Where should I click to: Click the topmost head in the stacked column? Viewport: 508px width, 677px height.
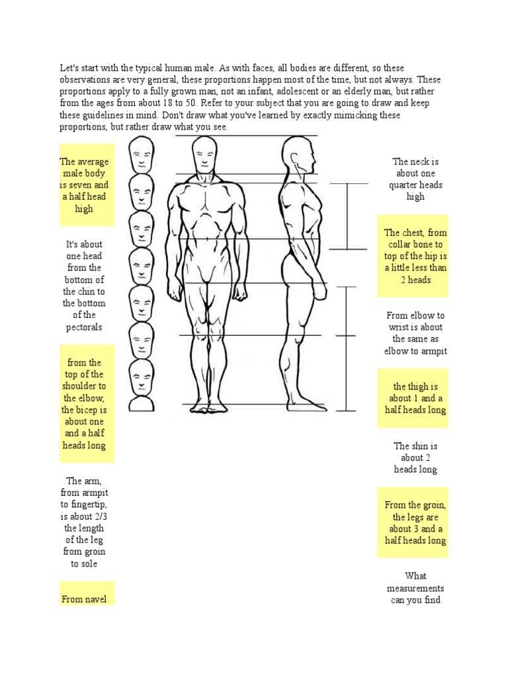(140, 155)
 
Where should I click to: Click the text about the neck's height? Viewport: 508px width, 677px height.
(415, 179)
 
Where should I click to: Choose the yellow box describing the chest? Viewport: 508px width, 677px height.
(414, 256)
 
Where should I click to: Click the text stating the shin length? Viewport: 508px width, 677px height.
(415, 458)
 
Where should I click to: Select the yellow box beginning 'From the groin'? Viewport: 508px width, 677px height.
(414, 522)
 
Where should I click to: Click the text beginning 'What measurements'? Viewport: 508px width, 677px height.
(415, 588)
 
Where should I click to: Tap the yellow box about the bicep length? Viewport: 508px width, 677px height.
(87, 403)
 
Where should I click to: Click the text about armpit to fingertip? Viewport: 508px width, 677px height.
(84, 522)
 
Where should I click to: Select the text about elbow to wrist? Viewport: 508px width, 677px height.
(415, 333)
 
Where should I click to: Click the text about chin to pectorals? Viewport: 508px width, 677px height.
(84, 286)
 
